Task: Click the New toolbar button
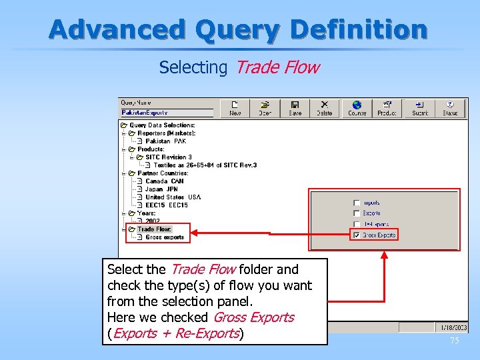click(x=235, y=108)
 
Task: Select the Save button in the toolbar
click(x=295, y=108)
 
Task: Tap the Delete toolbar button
click(x=325, y=108)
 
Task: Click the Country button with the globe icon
click(x=357, y=108)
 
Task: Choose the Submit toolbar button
click(x=420, y=108)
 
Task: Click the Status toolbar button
click(x=450, y=108)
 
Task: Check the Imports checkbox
click(x=357, y=203)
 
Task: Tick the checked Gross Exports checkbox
click(x=357, y=235)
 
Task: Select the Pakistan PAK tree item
click(x=166, y=141)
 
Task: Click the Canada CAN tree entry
click(x=164, y=181)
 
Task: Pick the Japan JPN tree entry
click(x=161, y=189)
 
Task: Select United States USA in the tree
click(x=173, y=197)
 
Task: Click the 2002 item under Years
click(x=153, y=221)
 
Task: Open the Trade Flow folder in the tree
click(x=154, y=229)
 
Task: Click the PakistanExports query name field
click(x=166, y=113)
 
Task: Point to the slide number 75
click(x=455, y=341)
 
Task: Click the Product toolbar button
click(x=387, y=108)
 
